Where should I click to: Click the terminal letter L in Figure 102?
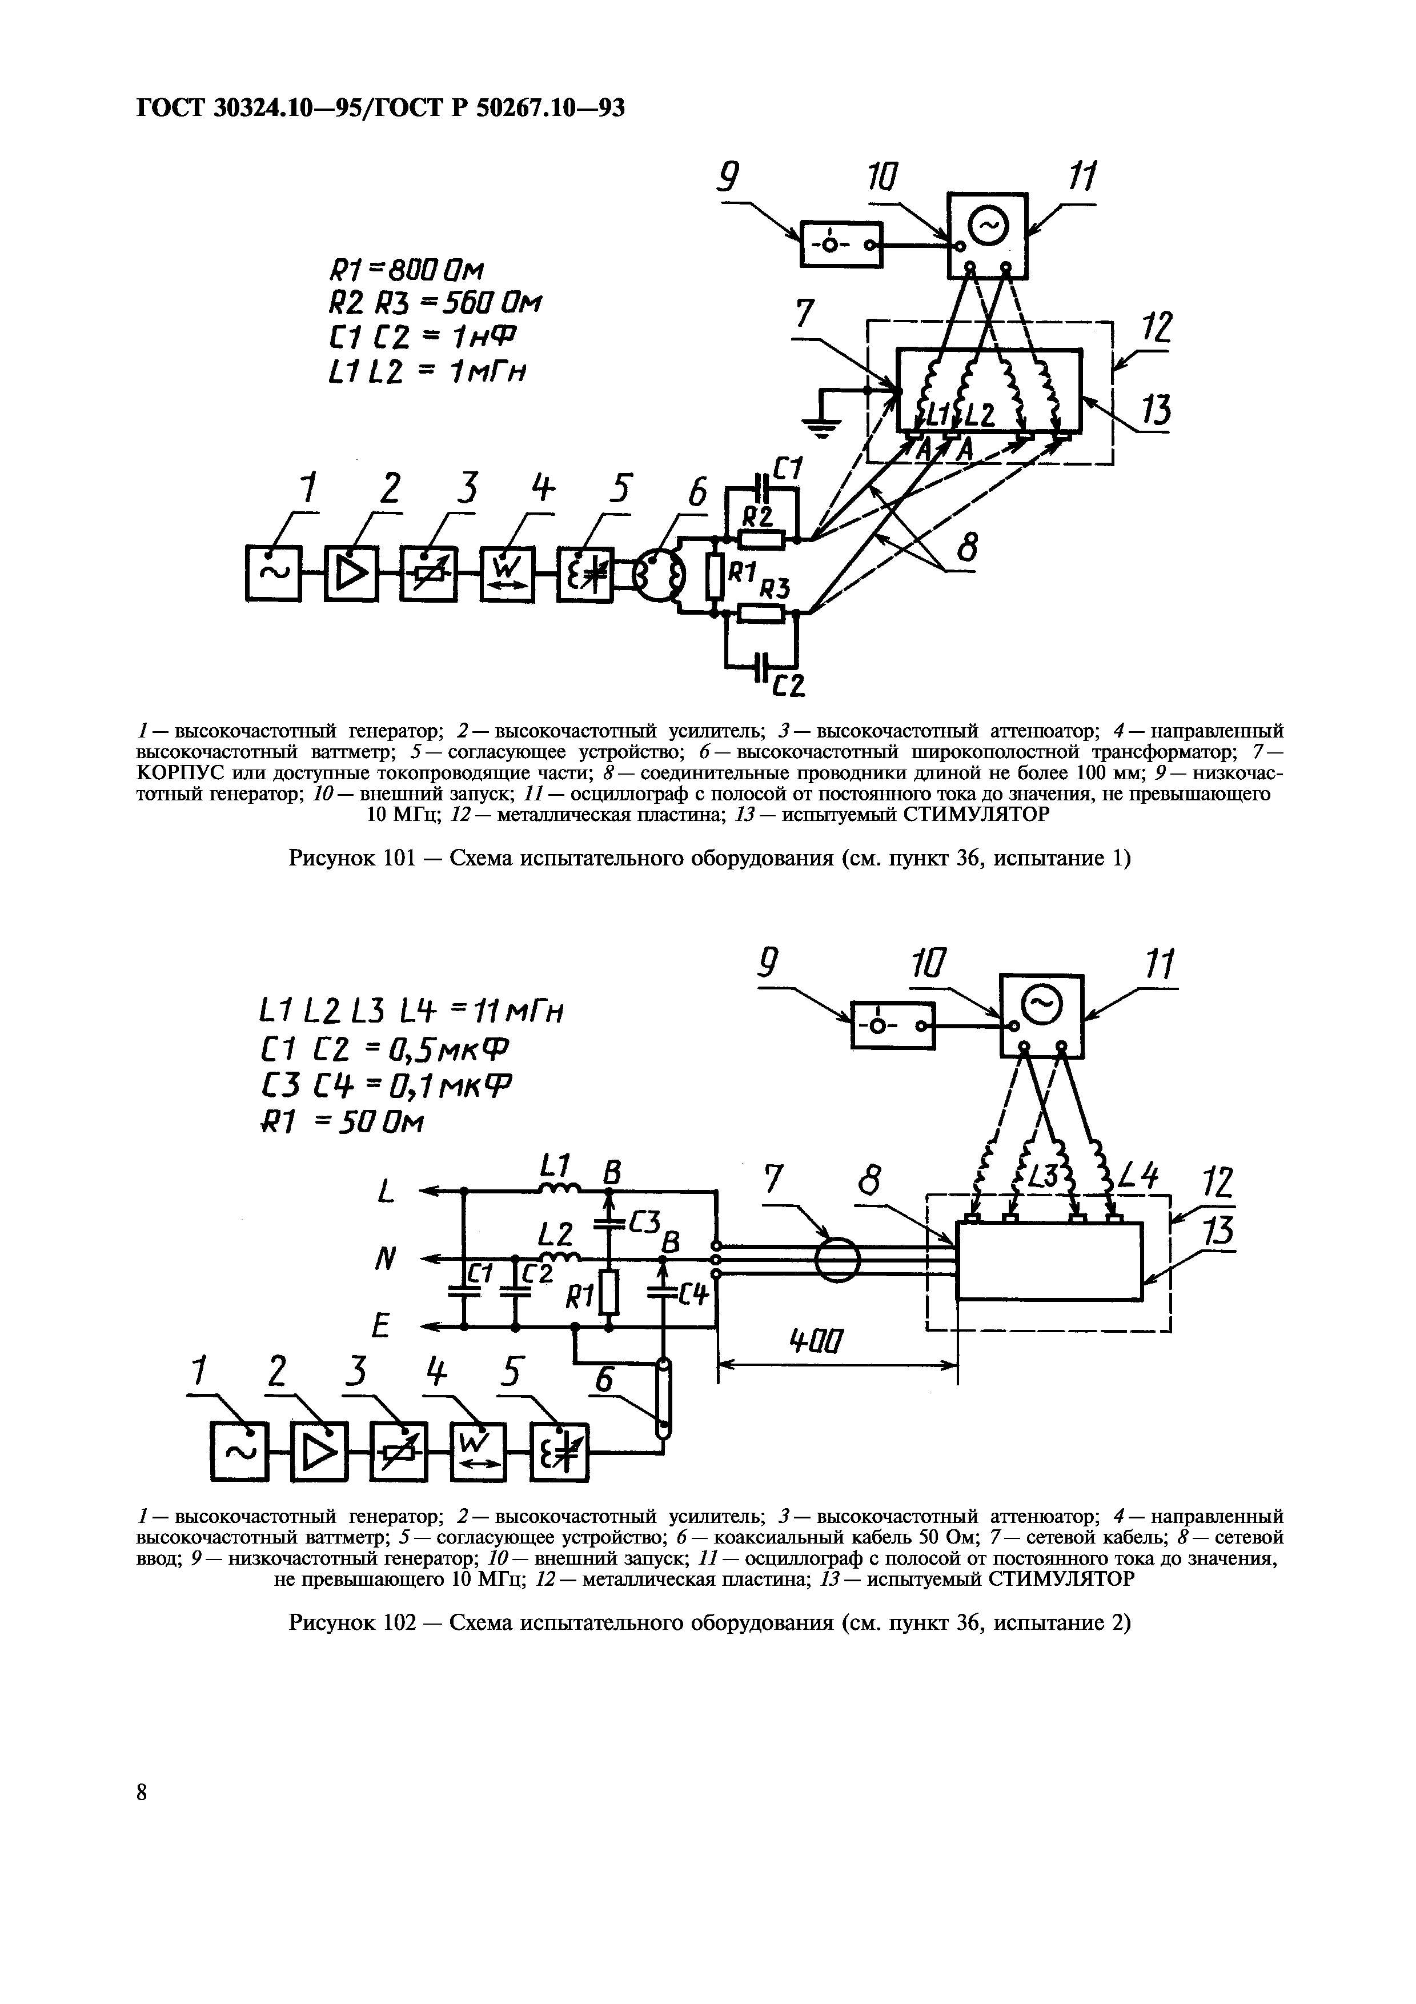[x=385, y=1191]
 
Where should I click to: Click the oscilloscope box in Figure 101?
[x=988, y=233]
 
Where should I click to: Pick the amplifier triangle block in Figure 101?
[x=352, y=574]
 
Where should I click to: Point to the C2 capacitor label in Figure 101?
[x=786, y=687]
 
